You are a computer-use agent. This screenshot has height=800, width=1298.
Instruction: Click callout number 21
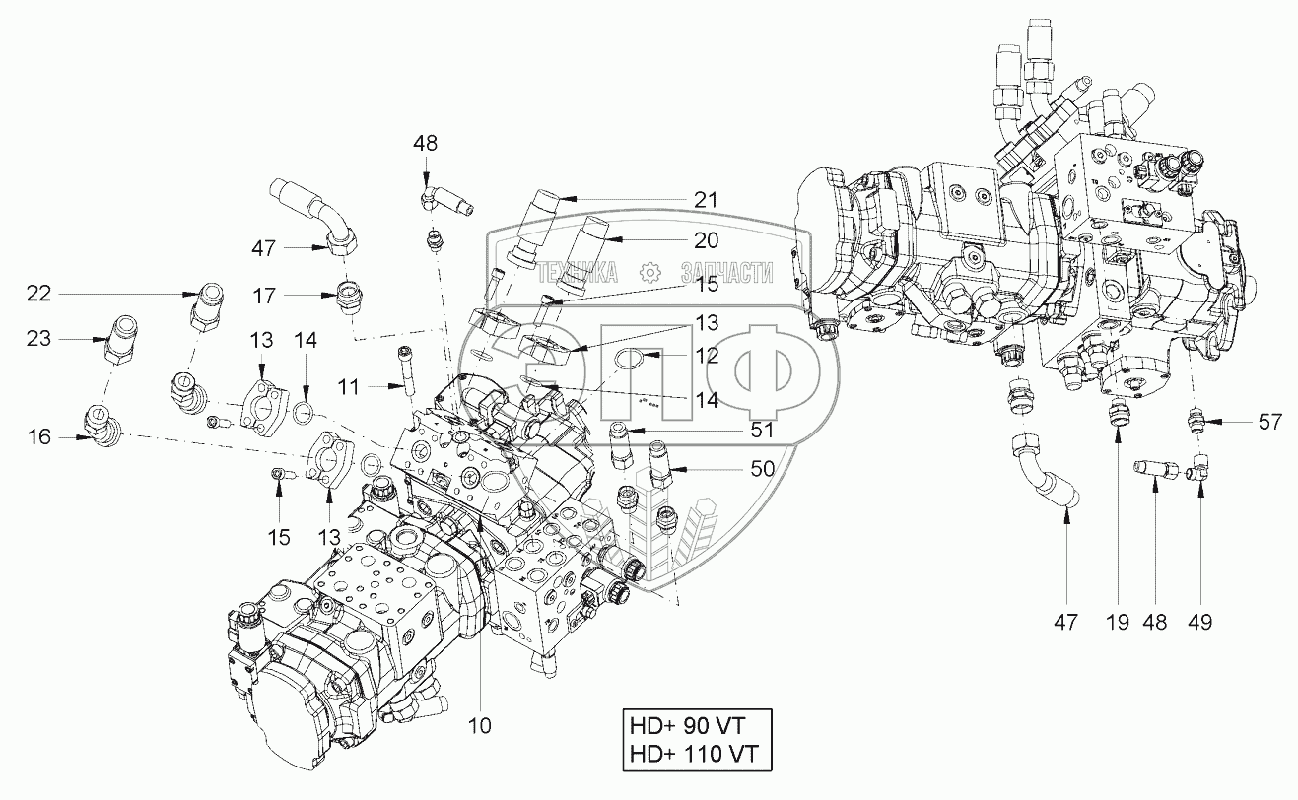(x=705, y=200)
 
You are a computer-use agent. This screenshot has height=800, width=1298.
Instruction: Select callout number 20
(x=705, y=239)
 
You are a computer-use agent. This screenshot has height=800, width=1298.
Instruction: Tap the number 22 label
(x=37, y=294)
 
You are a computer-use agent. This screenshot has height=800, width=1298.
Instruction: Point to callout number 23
(x=37, y=338)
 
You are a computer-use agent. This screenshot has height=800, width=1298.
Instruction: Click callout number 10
(x=479, y=725)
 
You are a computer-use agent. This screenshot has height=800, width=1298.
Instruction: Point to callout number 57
(x=1268, y=423)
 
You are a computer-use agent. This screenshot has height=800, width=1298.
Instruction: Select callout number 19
(x=1117, y=622)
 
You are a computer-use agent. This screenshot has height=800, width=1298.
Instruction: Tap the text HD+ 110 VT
(x=692, y=756)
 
